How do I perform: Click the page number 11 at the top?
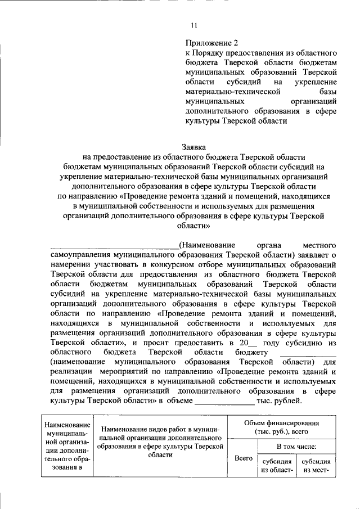[x=193, y=25]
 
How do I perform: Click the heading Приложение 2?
[x=208, y=42]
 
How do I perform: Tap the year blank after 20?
[x=254, y=343]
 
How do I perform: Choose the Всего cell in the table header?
[x=242, y=458]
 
